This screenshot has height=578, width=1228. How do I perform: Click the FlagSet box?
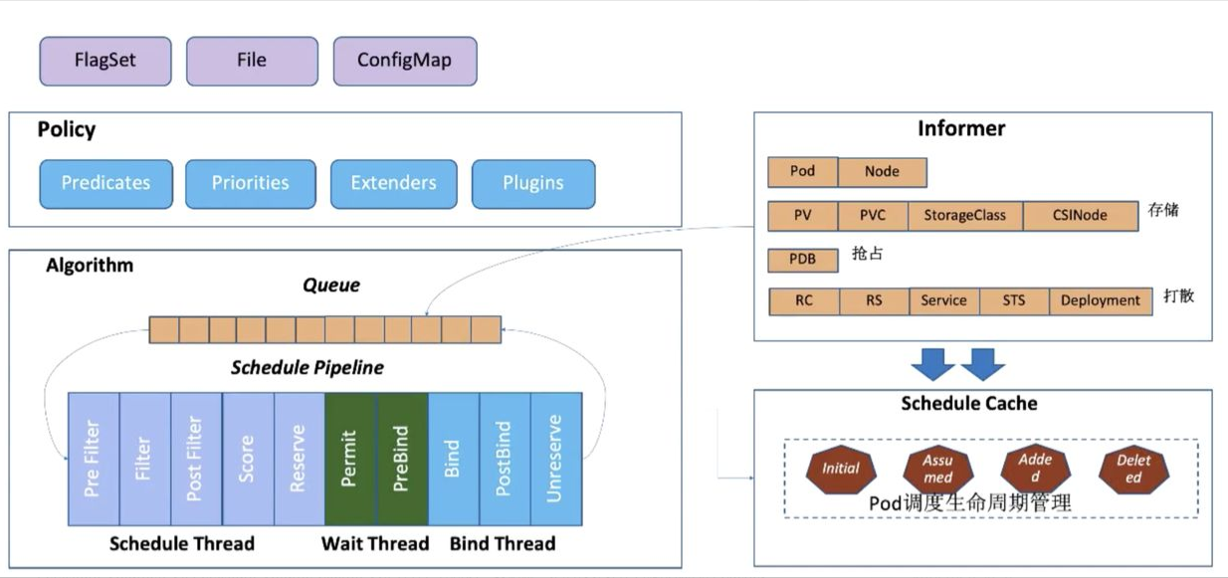[x=105, y=61]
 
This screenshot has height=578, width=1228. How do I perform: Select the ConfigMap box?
[x=404, y=61]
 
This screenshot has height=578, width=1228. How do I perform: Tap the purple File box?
[x=252, y=61]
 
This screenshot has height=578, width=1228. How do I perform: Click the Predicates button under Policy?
[x=105, y=183]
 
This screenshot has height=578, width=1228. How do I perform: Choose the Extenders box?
[x=393, y=183]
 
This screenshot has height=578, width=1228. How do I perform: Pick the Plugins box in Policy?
[x=532, y=183]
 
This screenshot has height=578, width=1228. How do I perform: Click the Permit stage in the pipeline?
[x=350, y=459]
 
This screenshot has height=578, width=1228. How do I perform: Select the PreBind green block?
[x=402, y=459]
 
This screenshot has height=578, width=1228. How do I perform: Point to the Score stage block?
[x=248, y=459]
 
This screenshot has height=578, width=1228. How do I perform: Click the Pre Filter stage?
[x=94, y=459]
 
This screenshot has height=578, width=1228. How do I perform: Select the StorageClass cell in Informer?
[x=964, y=215]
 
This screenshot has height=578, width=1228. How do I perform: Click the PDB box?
[x=802, y=260]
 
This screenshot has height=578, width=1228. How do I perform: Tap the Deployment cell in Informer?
[x=1100, y=300]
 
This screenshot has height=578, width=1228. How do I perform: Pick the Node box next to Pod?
[x=882, y=171]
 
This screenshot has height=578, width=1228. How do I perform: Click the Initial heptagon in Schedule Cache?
[x=841, y=469]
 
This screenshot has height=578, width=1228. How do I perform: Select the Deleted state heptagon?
[x=1132, y=469]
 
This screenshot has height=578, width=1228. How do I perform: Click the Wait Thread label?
[x=375, y=543]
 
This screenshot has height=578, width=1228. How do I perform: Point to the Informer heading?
[x=961, y=128]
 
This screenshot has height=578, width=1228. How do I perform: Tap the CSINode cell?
[x=1081, y=215]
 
